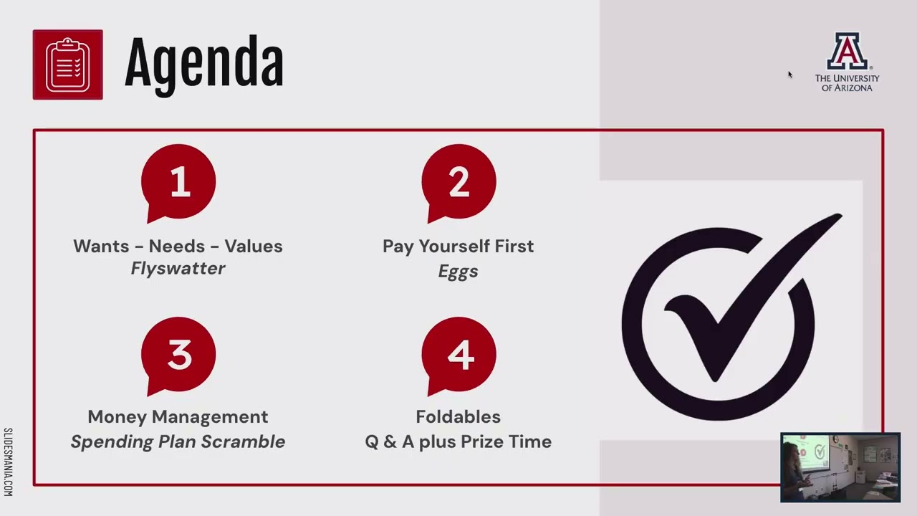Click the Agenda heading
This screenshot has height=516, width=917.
204,65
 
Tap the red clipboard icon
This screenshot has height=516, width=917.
68,64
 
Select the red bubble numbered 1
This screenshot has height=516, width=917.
178,181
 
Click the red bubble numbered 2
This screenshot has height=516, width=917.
458,181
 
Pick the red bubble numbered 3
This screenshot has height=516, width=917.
178,354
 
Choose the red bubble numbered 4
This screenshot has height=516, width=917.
458,354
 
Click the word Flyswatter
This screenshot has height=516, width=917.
178,269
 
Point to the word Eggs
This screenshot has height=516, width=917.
458,271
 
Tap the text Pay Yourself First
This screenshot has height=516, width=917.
458,246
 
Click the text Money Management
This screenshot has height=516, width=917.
178,416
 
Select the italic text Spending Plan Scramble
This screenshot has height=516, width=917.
178,441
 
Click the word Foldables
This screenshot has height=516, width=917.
458,416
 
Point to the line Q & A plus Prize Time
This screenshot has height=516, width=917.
458,441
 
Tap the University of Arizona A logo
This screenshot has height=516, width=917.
847,52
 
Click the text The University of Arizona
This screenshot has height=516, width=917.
847,82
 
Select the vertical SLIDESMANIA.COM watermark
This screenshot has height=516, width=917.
8,462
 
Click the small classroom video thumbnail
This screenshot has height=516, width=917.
840,467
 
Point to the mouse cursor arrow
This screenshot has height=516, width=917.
790,75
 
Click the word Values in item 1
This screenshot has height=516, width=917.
254,246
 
